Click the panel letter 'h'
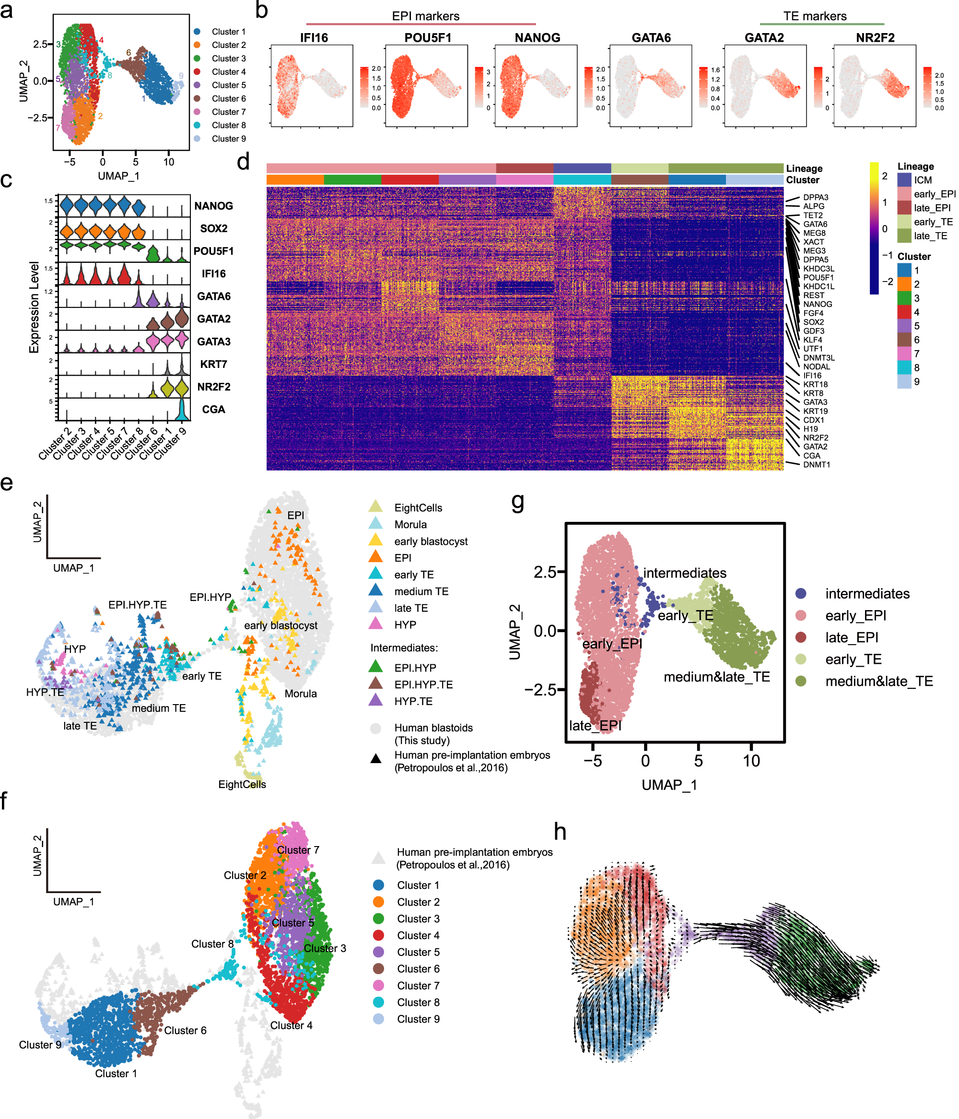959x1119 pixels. pyautogui.click(x=560, y=832)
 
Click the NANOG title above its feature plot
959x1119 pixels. pyautogui.click(x=537, y=38)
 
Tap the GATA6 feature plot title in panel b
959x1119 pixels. pyautogui.click(x=651, y=38)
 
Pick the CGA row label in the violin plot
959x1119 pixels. pyautogui.click(x=213, y=409)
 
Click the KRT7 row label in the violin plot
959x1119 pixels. pyautogui.click(x=213, y=365)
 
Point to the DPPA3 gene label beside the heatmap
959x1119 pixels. pyautogui.click(x=815, y=198)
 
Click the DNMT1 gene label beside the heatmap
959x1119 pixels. pyautogui.click(x=816, y=464)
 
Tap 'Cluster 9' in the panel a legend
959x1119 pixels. pyautogui.click(x=228, y=139)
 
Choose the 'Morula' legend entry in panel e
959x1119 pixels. pyautogui.click(x=410, y=524)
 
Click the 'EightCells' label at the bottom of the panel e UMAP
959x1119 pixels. pyautogui.click(x=242, y=784)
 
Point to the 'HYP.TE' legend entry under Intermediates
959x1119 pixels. pyautogui.click(x=413, y=701)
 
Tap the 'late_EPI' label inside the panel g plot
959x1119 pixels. pyautogui.click(x=595, y=726)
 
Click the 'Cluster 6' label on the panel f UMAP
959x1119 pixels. pyautogui.click(x=185, y=1030)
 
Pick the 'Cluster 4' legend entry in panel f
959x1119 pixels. pyautogui.click(x=418, y=935)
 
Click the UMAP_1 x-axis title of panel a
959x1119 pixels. pyautogui.click(x=118, y=176)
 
